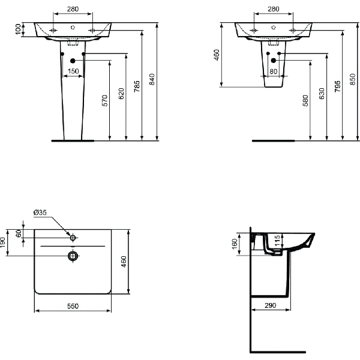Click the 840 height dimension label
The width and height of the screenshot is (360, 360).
[152, 79]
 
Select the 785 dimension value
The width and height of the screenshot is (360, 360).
[137, 86]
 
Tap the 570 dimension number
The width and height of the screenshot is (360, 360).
[104, 101]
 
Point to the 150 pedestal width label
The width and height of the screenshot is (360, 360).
[73, 71]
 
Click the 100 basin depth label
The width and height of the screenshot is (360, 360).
[18, 29]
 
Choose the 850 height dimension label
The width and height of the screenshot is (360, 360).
[353, 79]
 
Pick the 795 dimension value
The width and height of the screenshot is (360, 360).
[337, 86]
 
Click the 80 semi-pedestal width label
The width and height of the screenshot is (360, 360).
[274, 71]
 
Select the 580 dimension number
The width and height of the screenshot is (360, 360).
[305, 101]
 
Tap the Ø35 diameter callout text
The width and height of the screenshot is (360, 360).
[40, 212]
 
